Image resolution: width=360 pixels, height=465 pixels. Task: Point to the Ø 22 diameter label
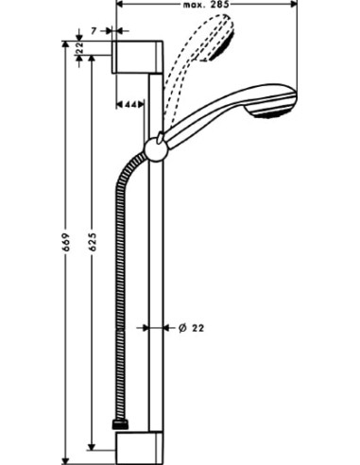pyautogui.click(x=191, y=328)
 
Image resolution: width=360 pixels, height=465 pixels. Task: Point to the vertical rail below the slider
pyautogui.click(x=156, y=284)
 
